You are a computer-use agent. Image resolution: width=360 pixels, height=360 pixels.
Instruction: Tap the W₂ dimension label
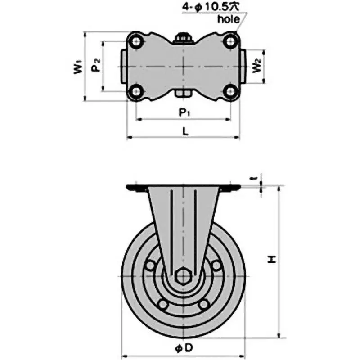coord(256,67)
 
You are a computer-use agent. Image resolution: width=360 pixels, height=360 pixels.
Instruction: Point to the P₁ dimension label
coord(184,112)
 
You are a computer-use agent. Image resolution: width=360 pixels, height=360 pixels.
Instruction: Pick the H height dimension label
coord(272,259)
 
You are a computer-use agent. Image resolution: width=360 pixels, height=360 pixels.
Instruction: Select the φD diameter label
coord(184,348)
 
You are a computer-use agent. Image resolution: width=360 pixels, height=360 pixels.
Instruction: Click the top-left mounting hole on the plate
coord(136,41)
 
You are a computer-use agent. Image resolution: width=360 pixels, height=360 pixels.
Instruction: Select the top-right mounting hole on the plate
coord(231,41)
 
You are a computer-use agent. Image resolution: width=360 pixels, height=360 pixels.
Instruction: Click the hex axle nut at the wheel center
coord(184,276)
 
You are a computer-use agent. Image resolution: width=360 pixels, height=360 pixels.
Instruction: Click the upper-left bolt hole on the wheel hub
coord(149,266)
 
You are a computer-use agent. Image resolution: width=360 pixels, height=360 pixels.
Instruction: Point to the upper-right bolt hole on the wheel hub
coord(217,266)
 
